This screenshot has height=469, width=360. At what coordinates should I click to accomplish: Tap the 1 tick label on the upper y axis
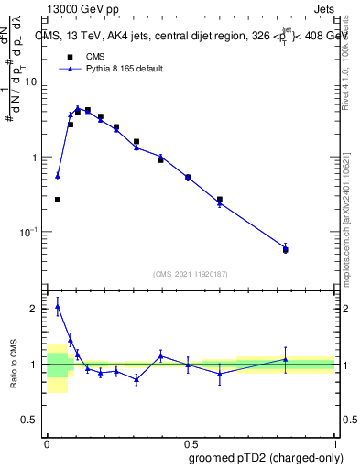pos(36,158)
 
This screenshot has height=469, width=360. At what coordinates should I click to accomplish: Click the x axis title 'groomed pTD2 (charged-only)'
pos(266,457)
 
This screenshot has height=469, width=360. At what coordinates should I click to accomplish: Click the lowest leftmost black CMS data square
pos(57,199)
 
